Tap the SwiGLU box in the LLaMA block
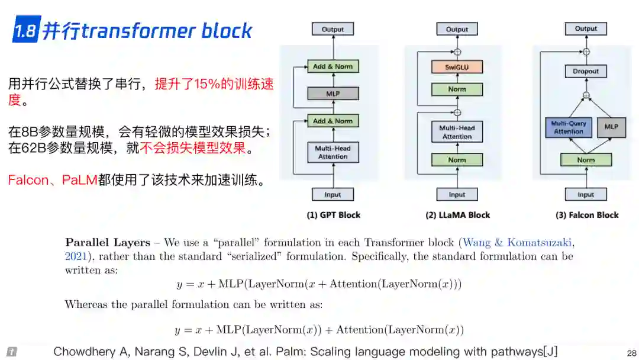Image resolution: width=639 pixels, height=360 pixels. (x=457, y=67)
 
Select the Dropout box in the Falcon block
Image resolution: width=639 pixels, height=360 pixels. (x=586, y=71)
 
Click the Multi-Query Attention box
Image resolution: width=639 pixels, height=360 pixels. (x=569, y=127)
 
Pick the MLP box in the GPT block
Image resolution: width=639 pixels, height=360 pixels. (x=333, y=94)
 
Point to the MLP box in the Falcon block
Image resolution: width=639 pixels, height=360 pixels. (x=611, y=127)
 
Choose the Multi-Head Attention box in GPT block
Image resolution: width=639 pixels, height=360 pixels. (x=333, y=152)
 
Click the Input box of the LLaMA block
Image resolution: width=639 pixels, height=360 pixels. (x=457, y=194)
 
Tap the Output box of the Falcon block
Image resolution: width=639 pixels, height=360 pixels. (x=586, y=28)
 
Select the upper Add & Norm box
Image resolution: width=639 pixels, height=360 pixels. (x=333, y=66)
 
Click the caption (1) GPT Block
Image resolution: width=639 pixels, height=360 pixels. (x=333, y=215)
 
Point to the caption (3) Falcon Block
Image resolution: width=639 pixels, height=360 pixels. (x=587, y=215)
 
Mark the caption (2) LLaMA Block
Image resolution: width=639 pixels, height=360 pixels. (x=458, y=215)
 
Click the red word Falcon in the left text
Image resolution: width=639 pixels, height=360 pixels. (x=28, y=180)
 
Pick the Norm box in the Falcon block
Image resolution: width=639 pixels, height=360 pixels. (x=586, y=160)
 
